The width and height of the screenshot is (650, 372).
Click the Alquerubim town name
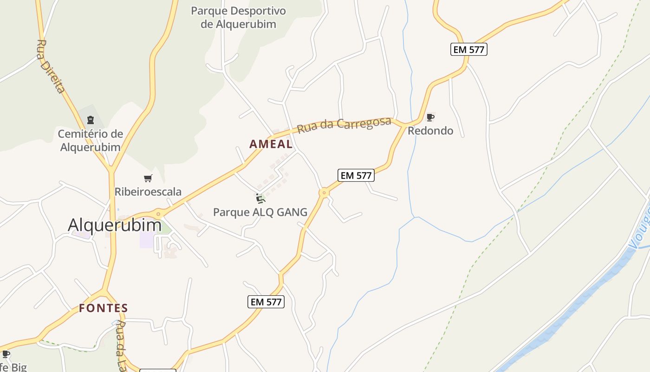coord(115,225)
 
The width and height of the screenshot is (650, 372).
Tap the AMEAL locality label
coord(271,144)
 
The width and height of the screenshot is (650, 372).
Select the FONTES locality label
coord(103,308)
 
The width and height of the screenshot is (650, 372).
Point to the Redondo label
coord(430,131)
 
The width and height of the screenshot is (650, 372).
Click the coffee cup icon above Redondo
coord(430,117)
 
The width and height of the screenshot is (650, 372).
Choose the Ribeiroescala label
coord(148,192)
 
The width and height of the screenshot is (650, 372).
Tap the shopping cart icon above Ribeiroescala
coord(148,178)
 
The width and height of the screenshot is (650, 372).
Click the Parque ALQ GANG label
coord(260,213)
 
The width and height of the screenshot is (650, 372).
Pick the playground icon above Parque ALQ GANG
coord(260,199)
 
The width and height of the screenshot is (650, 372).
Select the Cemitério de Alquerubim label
coord(90,140)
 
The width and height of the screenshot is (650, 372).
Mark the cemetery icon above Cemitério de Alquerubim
coord(90,120)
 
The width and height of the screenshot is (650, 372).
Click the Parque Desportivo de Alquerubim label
coord(238,17)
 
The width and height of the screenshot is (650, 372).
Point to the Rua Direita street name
coord(50,66)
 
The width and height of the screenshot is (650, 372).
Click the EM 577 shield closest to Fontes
coord(266,302)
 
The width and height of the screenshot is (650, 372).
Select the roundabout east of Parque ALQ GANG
coord(324,193)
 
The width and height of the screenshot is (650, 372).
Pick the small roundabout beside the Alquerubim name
coord(158,214)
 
